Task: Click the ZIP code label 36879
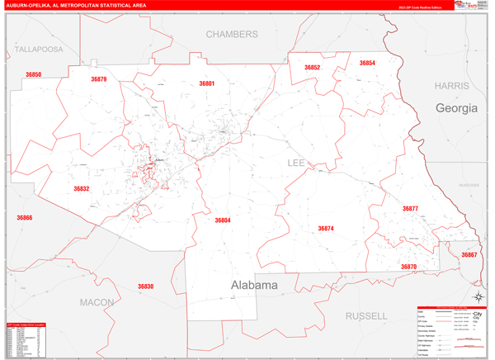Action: [x=98, y=79]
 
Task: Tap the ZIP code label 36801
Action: [x=206, y=83]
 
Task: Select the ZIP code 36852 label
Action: [x=312, y=68]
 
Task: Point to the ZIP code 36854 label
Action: [x=367, y=64]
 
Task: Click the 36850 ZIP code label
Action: [x=33, y=74]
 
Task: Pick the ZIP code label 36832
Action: [x=81, y=189]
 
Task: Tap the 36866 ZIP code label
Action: [x=24, y=218]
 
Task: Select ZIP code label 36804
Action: [x=223, y=220]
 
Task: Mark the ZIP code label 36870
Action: [x=409, y=267]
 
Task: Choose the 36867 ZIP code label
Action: [x=469, y=255]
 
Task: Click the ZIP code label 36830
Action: [x=145, y=287]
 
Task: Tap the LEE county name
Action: [x=296, y=163]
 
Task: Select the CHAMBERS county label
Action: [x=232, y=35]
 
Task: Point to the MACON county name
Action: [x=97, y=303]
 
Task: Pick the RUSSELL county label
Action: [x=366, y=315]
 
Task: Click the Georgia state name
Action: [x=456, y=108]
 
